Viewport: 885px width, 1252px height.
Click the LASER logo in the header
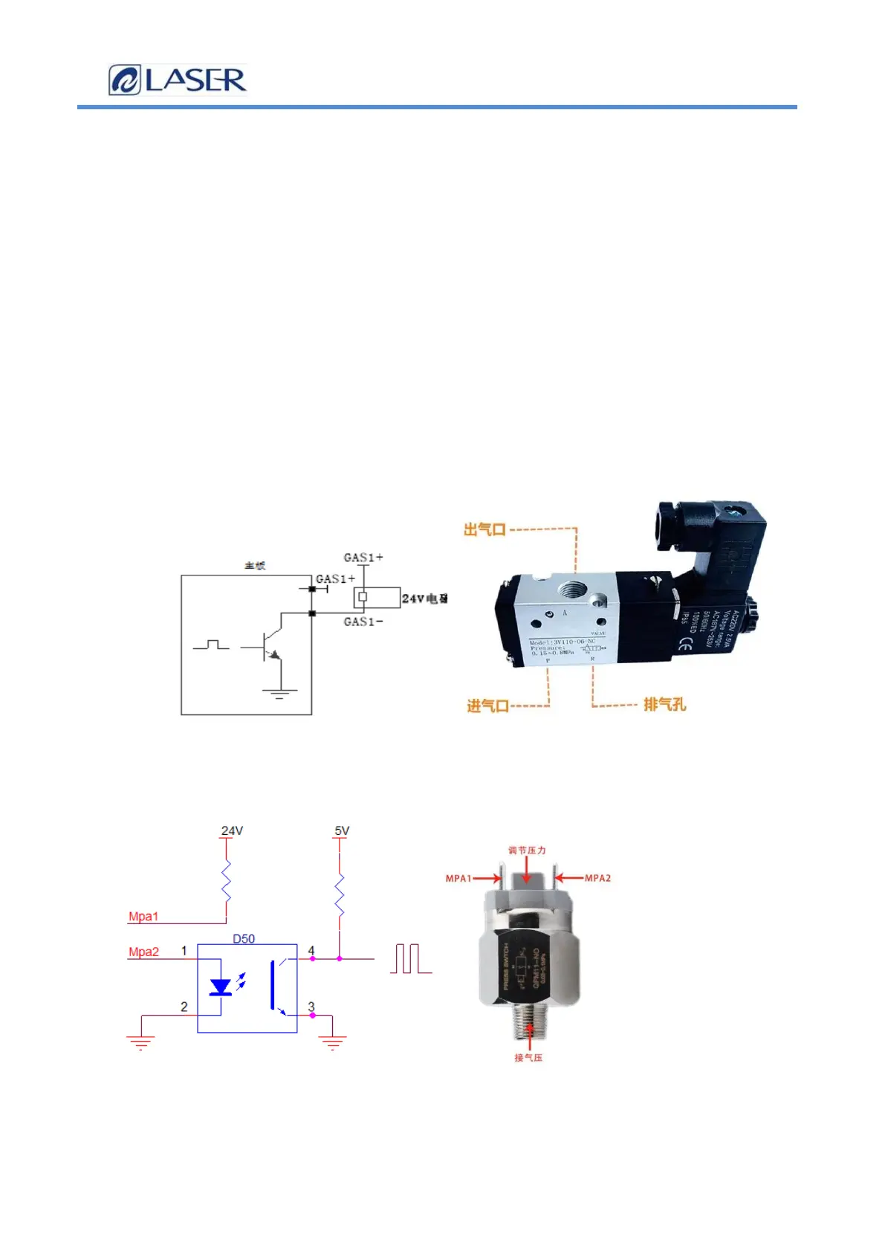pyautogui.click(x=178, y=80)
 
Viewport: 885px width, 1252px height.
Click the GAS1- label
pyautogui.click(x=363, y=622)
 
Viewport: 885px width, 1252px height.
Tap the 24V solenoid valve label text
pyautogui.click(x=424, y=598)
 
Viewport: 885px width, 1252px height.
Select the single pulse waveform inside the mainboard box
pyautogui.click(x=211, y=645)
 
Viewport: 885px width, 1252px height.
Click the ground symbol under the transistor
pyautogui.click(x=279, y=694)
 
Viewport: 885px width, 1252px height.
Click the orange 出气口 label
pyautogui.click(x=484, y=530)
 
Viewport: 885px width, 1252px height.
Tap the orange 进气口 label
pyautogui.click(x=487, y=706)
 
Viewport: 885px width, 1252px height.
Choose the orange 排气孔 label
pyautogui.click(x=664, y=704)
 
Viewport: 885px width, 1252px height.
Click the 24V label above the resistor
pyautogui.click(x=232, y=830)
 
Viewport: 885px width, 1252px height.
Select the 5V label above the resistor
pyautogui.click(x=342, y=830)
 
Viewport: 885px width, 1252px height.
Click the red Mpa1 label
pyautogui.click(x=143, y=917)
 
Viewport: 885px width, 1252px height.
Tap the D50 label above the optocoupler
pyautogui.click(x=244, y=939)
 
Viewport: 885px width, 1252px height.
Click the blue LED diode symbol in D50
pyautogui.click(x=220, y=987)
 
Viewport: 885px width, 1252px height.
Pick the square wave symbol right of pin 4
pyautogui.click(x=410, y=959)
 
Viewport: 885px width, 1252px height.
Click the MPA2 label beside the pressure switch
pyautogui.click(x=597, y=878)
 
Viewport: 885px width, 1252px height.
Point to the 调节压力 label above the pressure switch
pyautogui.click(x=527, y=851)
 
